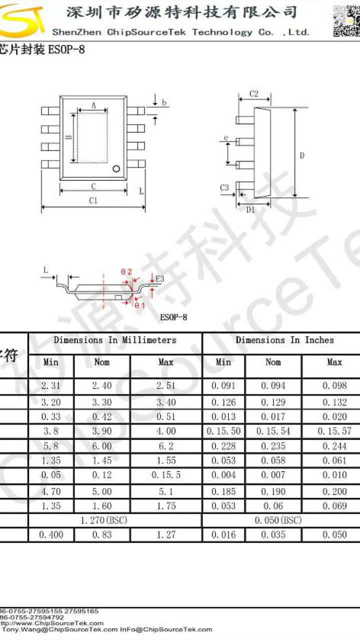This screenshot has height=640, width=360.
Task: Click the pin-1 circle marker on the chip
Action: (117, 168)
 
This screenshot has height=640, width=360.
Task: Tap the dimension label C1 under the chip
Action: (93, 200)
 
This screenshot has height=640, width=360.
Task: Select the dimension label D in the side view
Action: (302, 155)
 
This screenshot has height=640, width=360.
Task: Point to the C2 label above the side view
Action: (253, 93)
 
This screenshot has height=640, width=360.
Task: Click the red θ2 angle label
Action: (126, 272)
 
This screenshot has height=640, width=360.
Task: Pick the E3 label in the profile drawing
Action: (160, 278)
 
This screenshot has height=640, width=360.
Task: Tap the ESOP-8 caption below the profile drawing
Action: (173, 317)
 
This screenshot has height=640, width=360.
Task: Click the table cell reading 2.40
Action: (102, 386)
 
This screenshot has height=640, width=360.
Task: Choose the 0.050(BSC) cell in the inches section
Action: (278, 520)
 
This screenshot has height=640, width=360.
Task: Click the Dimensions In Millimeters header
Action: (115, 340)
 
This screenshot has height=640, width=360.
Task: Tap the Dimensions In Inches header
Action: (284, 340)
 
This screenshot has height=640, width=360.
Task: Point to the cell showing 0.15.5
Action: (166, 475)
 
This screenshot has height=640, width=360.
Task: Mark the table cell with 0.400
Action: (51, 535)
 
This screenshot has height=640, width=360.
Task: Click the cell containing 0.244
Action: (334, 445)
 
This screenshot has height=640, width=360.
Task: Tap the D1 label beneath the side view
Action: (250, 210)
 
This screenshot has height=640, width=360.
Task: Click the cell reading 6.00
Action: (102, 445)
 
